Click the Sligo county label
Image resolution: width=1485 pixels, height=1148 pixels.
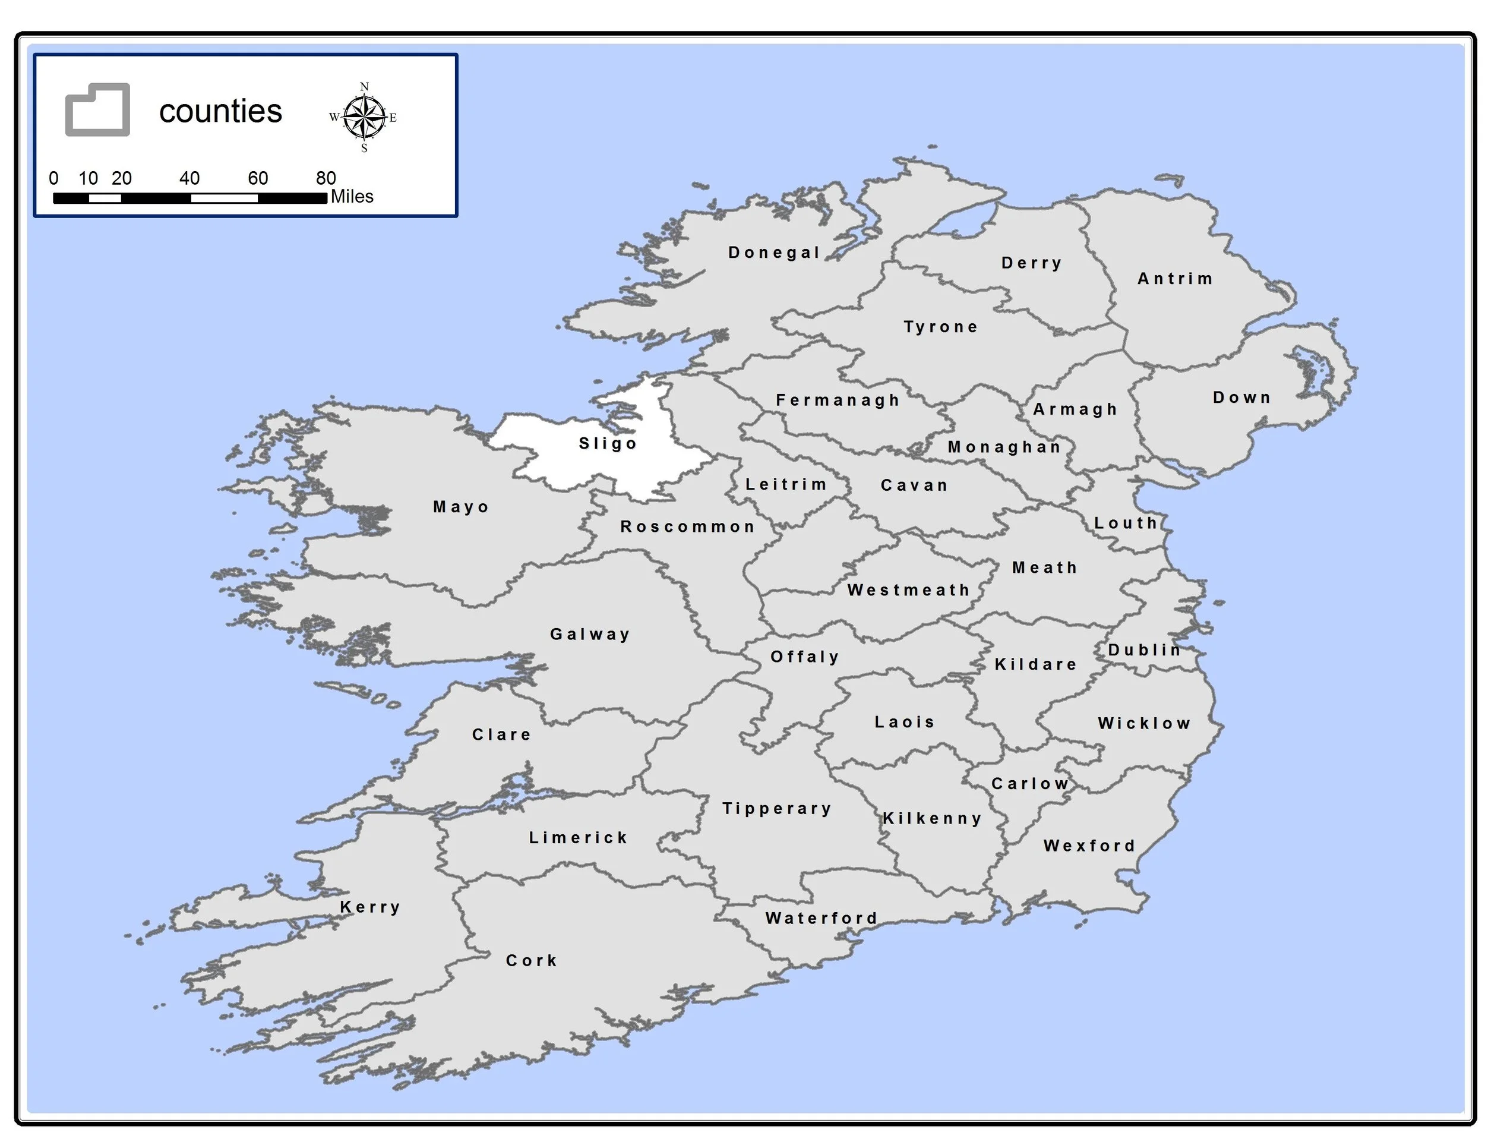(607, 443)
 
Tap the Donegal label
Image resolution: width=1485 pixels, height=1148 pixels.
(774, 253)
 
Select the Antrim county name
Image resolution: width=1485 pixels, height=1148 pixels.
(1175, 278)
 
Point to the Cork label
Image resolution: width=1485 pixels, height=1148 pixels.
(532, 960)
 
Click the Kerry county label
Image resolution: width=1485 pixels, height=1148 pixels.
(370, 907)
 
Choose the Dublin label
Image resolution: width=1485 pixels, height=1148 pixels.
(1145, 649)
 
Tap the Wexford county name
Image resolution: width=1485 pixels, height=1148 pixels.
(1089, 846)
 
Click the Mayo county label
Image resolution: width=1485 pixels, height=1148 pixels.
(461, 507)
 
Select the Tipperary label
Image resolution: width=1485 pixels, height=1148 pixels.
(777, 808)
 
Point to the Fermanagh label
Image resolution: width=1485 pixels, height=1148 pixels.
(838, 400)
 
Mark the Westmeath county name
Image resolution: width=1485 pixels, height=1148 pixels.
(908, 589)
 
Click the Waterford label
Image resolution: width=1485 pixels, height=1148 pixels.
(822, 918)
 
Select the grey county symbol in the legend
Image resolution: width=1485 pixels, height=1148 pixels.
(97, 109)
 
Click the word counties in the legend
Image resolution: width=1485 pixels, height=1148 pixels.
(220, 112)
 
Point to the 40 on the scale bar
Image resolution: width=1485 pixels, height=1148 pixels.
(189, 178)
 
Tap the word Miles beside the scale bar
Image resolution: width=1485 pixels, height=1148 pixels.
(352, 197)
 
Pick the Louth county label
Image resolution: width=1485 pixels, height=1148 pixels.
(1125, 523)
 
